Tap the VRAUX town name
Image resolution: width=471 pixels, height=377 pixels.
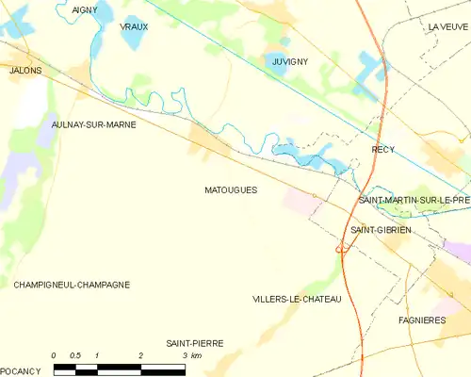(x=135, y=27)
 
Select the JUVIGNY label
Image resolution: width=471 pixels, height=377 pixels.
(x=290, y=61)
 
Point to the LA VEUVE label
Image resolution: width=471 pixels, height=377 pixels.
(x=447, y=27)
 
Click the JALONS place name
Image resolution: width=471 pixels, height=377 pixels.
(x=24, y=70)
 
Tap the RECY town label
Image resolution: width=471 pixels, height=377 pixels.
(x=383, y=150)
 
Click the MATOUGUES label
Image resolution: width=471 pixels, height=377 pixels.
(x=231, y=189)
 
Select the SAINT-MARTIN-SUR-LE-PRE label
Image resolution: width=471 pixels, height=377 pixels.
(x=414, y=200)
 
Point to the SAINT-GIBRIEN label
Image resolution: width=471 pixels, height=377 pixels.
(x=379, y=230)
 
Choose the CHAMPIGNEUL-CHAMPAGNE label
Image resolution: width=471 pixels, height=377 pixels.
(x=72, y=284)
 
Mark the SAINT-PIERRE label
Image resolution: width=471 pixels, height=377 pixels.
(x=194, y=343)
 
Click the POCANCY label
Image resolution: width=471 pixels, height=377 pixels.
(x=20, y=371)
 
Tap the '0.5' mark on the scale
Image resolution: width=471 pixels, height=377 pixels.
(x=75, y=355)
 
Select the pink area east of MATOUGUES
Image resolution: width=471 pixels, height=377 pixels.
(x=303, y=201)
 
